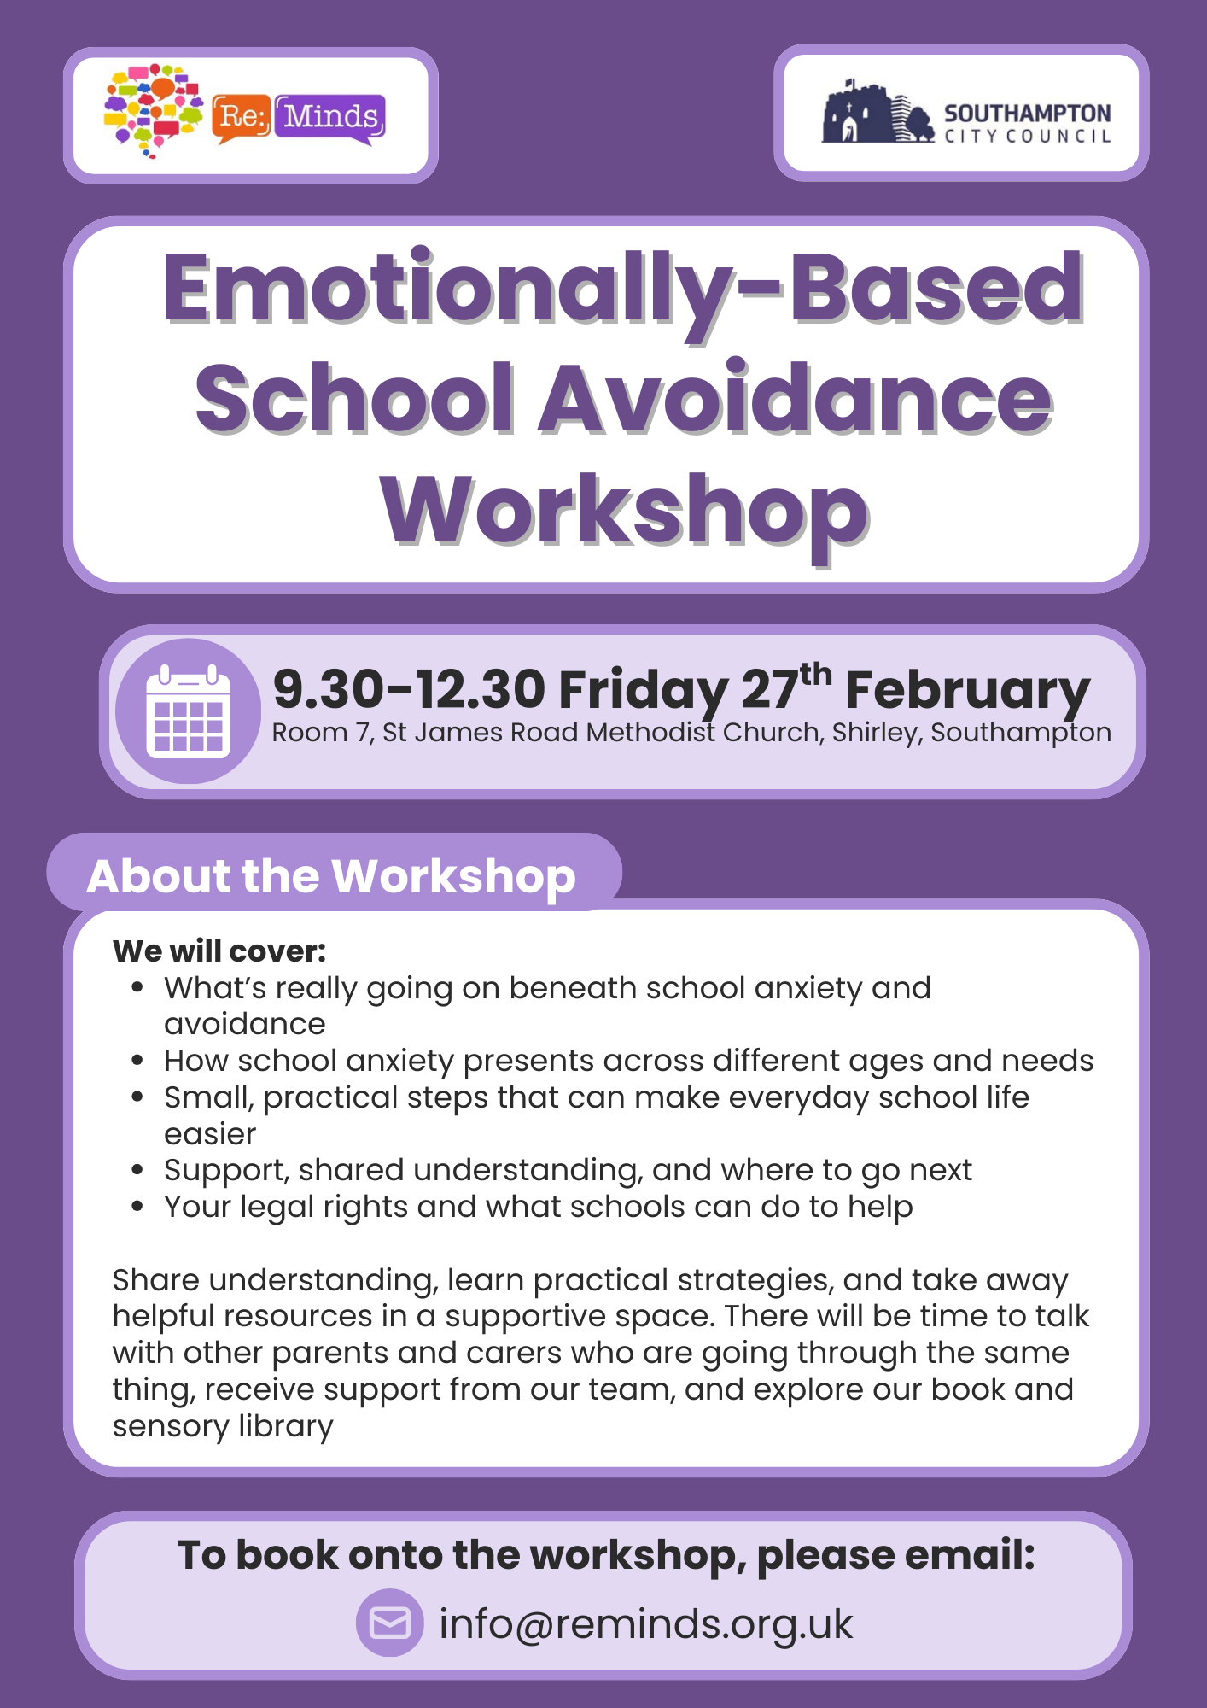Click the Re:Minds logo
pyautogui.click(x=245, y=112)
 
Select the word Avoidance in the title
pyautogui.click(x=796, y=398)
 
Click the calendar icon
pyautogui.click(x=189, y=711)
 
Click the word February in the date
pyautogui.click(x=967, y=692)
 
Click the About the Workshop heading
pyautogui.click(x=331, y=876)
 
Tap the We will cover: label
pyautogui.click(x=219, y=951)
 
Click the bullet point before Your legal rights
pyautogui.click(x=137, y=1207)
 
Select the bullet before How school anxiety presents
pyautogui.click(x=137, y=1061)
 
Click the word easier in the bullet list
pyautogui.click(x=210, y=1134)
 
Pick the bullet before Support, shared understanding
pyautogui.click(x=137, y=1170)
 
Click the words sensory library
pyautogui.click(x=223, y=1426)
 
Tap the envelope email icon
pyautogui.click(x=390, y=1623)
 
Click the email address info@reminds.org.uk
pyautogui.click(x=646, y=1624)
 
